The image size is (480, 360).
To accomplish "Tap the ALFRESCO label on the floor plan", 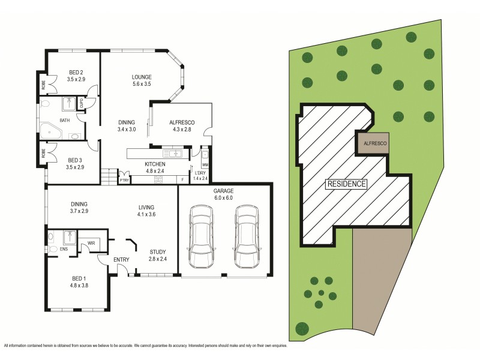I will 181,122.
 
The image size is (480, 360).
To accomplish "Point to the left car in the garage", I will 201,237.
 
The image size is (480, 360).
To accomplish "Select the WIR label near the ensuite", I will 92,243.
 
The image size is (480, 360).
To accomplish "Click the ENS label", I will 63,249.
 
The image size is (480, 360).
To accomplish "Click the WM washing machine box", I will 205,164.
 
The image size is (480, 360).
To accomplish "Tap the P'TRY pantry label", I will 124,180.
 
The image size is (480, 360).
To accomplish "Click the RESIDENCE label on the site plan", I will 346,184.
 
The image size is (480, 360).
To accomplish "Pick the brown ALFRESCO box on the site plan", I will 374,143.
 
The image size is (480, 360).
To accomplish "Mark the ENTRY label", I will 122,259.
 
